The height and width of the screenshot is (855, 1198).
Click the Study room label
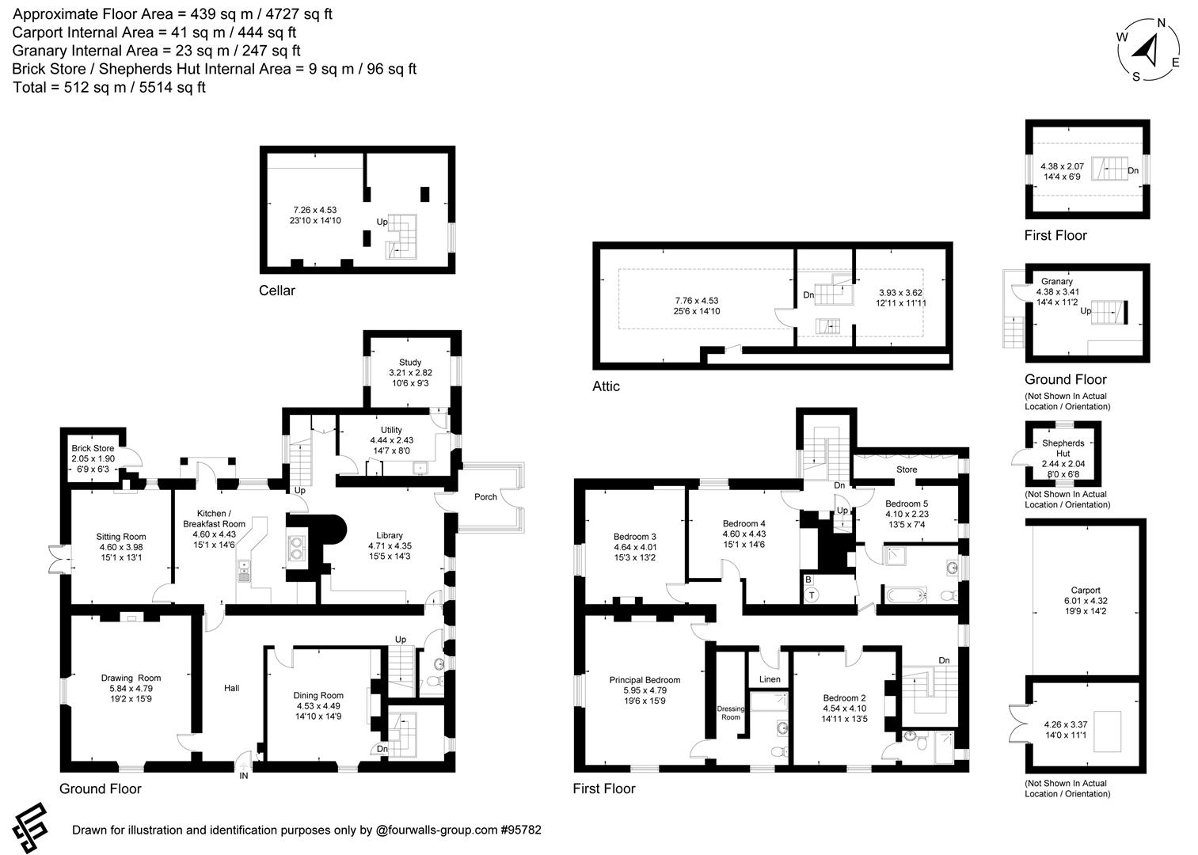point(410,363)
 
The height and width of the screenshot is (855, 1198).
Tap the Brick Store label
point(93,448)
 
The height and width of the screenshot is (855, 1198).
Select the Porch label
point(485,497)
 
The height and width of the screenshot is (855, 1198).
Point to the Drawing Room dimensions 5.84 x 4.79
point(131,689)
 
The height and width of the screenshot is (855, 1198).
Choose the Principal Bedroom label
point(645,680)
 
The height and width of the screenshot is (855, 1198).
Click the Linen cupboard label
point(770,679)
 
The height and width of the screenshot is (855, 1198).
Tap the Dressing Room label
point(730,713)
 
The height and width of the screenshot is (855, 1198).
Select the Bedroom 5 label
point(907,503)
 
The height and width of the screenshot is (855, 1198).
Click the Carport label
point(1085,590)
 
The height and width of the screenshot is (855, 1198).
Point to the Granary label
point(1057,281)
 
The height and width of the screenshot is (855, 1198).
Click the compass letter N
point(1162,23)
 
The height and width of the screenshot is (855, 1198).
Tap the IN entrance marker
point(244,777)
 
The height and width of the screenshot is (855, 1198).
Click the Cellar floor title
point(277,291)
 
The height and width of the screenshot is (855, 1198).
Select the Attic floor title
point(606,386)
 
